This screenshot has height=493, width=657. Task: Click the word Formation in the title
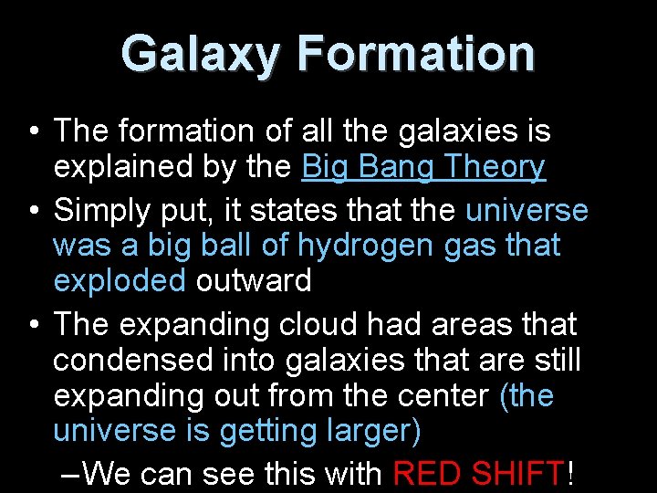[416, 54]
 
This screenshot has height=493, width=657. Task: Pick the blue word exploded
[120, 280]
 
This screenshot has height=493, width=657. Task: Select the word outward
[254, 280]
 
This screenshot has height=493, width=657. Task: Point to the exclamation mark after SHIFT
[571, 474]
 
